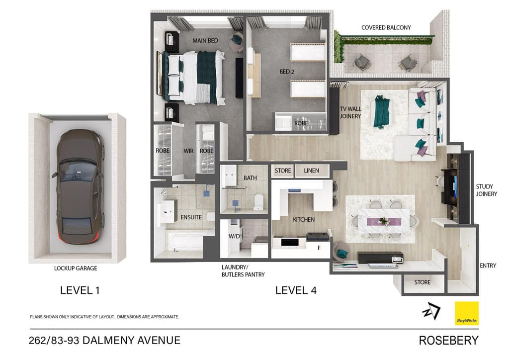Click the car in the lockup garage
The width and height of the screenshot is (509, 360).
(x=80, y=187)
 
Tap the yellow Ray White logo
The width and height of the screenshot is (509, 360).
(x=466, y=313)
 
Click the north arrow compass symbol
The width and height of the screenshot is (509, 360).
(x=431, y=311)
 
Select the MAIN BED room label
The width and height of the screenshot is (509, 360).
(x=205, y=41)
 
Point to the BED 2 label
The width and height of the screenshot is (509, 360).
(x=287, y=72)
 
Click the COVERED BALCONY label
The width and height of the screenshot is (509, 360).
(x=386, y=27)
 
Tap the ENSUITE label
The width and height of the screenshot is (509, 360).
(x=191, y=217)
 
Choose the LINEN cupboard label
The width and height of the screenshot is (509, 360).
(x=311, y=171)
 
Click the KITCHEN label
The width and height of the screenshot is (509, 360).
(x=304, y=220)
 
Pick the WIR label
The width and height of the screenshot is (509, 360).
(x=188, y=151)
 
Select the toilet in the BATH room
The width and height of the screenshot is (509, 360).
(x=258, y=202)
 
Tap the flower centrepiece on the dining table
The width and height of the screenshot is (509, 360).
(x=384, y=221)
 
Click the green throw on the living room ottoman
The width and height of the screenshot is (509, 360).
(x=381, y=111)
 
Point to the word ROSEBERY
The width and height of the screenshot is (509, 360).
(x=449, y=341)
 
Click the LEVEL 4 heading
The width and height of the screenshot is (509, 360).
(x=296, y=290)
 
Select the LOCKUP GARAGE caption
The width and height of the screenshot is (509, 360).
(x=76, y=268)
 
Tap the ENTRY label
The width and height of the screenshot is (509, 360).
(x=488, y=266)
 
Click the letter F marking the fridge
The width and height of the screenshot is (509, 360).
(x=319, y=248)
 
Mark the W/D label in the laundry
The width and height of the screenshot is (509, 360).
(x=234, y=236)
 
